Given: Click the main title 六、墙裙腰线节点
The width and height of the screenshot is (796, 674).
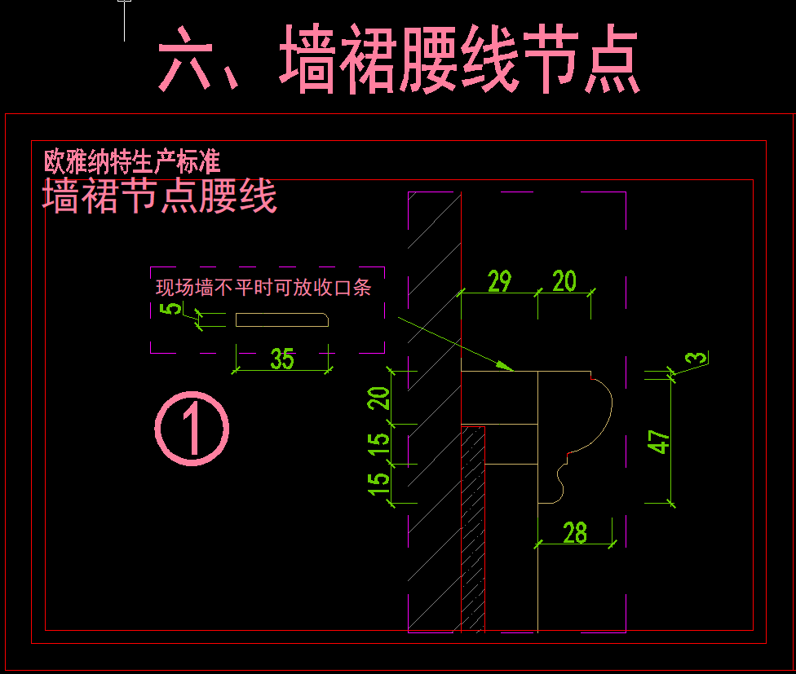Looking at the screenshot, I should pos(398,59).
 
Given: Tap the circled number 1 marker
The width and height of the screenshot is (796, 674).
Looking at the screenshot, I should pos(192,429).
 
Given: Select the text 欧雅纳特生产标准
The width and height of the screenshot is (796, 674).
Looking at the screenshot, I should pos(132,161).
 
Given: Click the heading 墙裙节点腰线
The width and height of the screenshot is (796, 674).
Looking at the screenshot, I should pos(160,197).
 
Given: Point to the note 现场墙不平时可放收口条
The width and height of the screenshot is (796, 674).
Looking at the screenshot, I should pos(263,288).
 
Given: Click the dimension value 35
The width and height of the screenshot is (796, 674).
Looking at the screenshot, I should pos(281,359).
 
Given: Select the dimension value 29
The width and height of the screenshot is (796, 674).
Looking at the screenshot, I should pos(499,282).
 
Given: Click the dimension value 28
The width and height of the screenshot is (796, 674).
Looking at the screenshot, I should pos(575,533).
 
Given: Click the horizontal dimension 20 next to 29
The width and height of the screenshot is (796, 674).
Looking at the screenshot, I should pos(564,282).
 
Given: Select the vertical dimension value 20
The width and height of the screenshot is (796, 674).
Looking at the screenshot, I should pos(379,398).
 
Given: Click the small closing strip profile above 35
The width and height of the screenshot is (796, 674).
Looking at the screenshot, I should pos(282,320).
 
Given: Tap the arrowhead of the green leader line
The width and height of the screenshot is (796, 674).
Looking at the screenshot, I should pos(507,368).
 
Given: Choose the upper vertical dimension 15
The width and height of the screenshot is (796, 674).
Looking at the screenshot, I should pos(379,444).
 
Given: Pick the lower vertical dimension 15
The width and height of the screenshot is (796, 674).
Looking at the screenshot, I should pos(379,485).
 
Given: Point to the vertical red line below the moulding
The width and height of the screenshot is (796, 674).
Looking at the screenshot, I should pos(485,554).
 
